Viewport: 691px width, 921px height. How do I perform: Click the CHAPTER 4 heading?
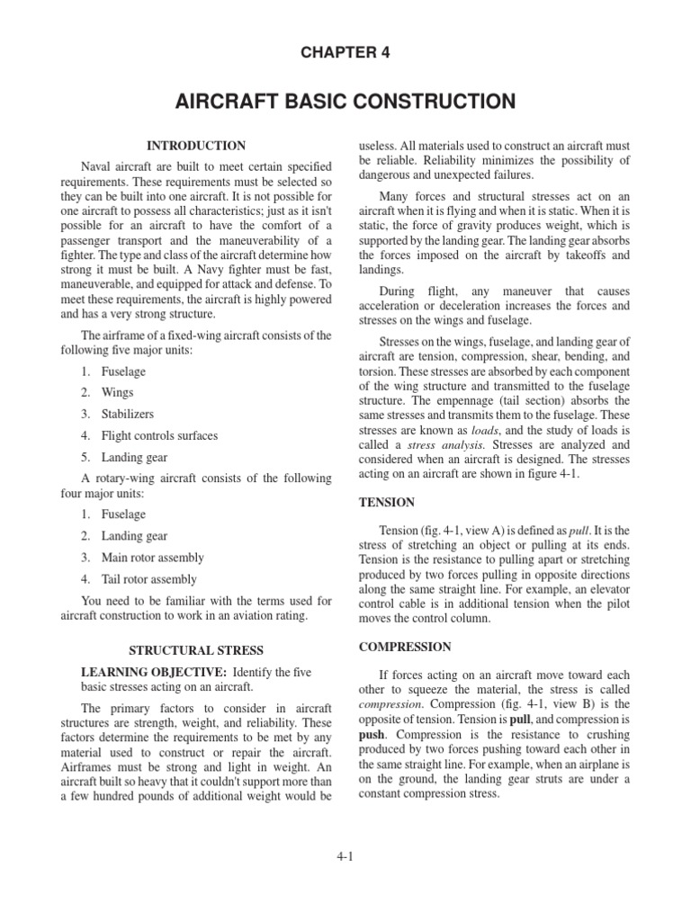(345, 53)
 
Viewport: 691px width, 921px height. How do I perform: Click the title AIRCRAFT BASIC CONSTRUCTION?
(345, 101)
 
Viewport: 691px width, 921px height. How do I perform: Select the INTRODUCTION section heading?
(196, 146)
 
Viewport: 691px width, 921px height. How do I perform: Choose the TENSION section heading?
(387, 503)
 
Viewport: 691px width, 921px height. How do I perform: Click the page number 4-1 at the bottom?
(345, 856)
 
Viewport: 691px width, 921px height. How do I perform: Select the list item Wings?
(117, 393)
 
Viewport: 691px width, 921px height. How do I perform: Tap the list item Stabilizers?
(127, 415)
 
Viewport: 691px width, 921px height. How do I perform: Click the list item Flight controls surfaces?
(159, 436)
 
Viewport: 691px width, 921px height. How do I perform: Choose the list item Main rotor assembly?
(152, 558)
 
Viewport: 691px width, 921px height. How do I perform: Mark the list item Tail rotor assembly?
(148, 579)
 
